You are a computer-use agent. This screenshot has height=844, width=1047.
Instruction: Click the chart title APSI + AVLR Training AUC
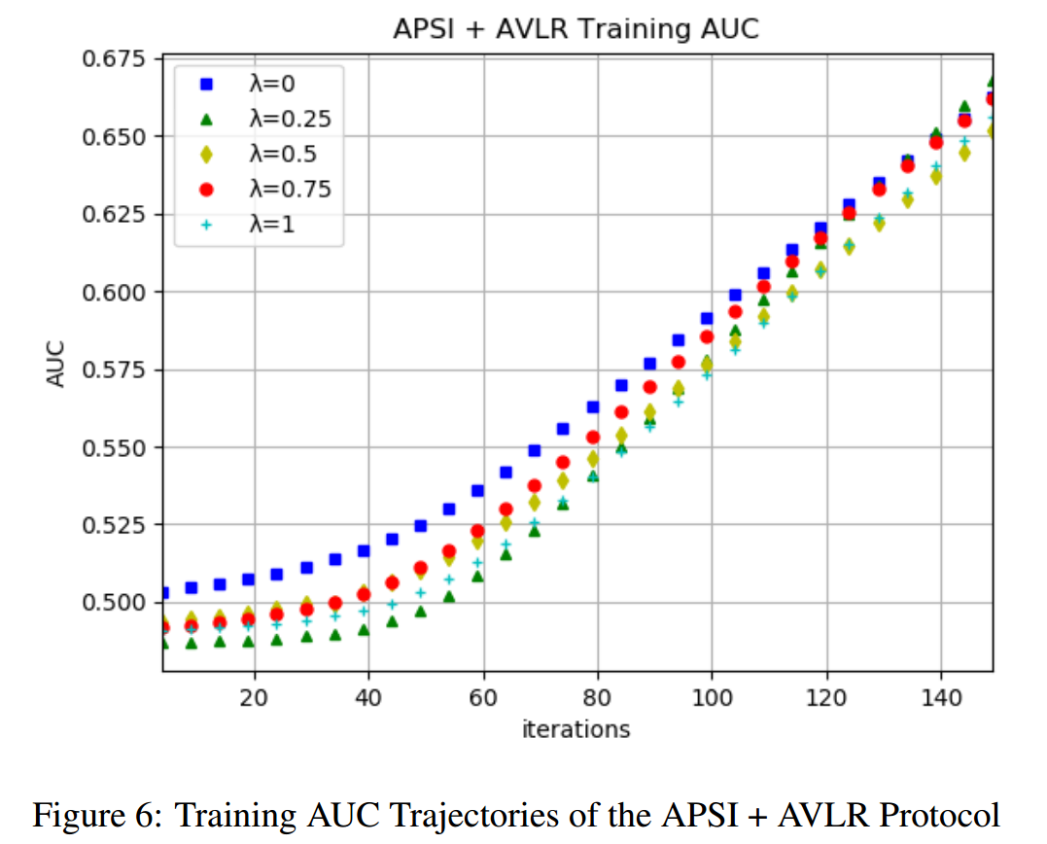tap(576, 29)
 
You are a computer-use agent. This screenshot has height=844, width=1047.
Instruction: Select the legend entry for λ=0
tap(258, 86)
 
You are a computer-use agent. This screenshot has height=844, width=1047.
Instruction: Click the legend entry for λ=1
tap(258, 223)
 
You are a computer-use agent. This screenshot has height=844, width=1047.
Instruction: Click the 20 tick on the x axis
tap(255, 697)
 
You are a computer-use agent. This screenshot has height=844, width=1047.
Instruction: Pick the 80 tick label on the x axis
tap(597, 697)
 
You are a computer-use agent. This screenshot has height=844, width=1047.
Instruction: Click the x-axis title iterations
tap(576, 728)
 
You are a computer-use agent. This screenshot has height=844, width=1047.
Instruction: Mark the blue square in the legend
tap(205, 86)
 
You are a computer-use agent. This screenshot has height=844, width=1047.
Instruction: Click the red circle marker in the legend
tap(205, 189)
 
